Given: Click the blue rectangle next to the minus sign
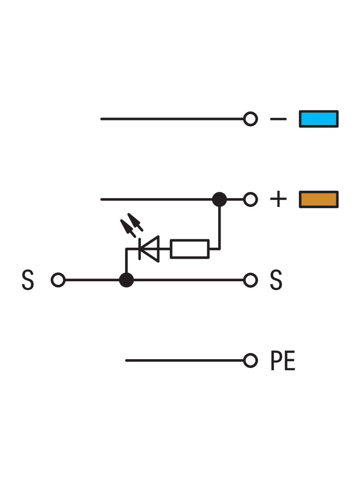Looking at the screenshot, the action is pos(319,119).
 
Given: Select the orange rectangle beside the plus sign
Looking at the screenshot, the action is pos(319,199).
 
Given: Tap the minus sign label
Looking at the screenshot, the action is pos(278,119).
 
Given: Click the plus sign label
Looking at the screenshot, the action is pos(278,199).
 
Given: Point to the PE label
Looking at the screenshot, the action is pos(282,361).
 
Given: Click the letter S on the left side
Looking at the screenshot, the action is pos(28,280).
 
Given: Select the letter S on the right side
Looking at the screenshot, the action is pos(276,280).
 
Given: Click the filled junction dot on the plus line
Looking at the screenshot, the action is pos(219,199).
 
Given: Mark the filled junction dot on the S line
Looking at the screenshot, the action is pos(126,280).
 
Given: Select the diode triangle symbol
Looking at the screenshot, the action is pos(149,249).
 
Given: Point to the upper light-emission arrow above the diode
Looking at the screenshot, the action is pos(135,222).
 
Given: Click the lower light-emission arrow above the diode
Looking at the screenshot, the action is pos(128,228).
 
